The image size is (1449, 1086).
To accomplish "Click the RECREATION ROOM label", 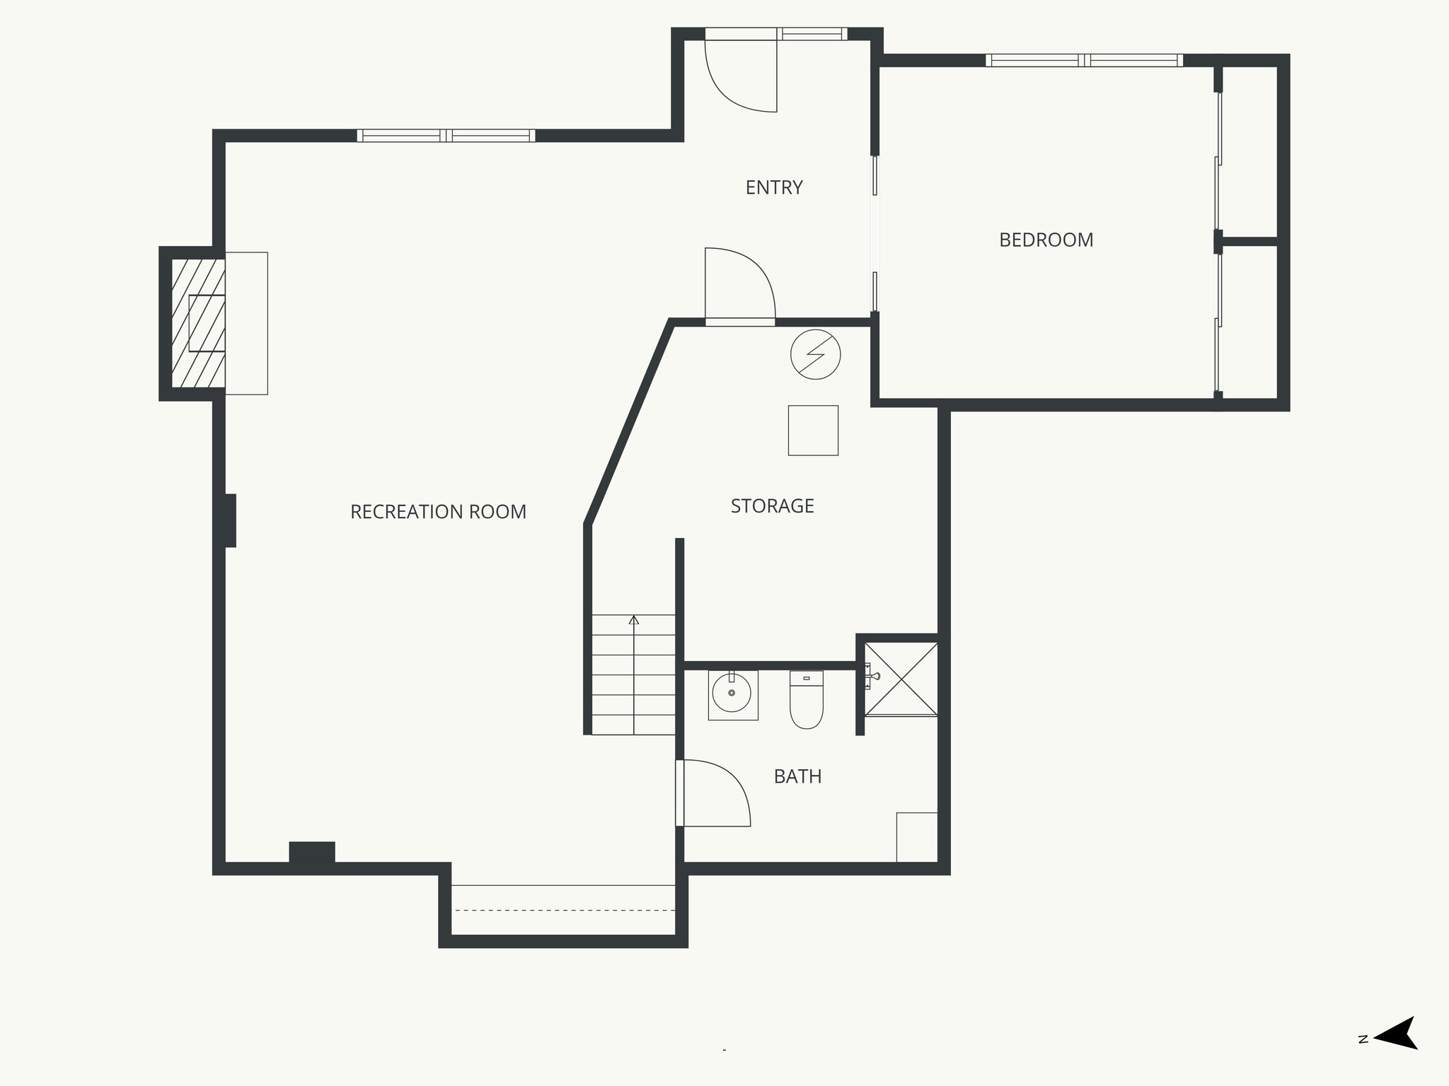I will pos(438,512).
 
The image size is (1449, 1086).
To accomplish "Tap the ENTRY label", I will pos(774,187).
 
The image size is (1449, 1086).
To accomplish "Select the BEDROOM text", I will pos(1046,240).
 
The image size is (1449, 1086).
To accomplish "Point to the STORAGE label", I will pos(772,506).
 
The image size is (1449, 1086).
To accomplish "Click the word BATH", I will pos(797,776).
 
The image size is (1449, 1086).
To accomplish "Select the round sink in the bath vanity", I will pos(732,694).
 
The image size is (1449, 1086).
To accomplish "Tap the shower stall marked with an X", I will pos(901,678).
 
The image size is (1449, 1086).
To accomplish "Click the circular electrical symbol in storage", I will pos(815,354).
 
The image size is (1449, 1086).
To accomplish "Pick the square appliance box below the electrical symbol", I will pos(813,430).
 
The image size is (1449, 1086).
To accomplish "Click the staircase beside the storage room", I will pos(634,675).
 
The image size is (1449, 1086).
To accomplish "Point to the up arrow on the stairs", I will pos(634,620).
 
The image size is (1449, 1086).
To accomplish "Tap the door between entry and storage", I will pos(739,286).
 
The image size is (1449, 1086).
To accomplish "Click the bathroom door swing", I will pos(712,793).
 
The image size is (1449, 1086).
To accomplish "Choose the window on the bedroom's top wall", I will pos(1083,61).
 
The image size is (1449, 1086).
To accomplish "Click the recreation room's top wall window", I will pos(446,136).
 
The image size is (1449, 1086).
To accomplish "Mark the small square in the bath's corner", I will pos(916,837).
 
